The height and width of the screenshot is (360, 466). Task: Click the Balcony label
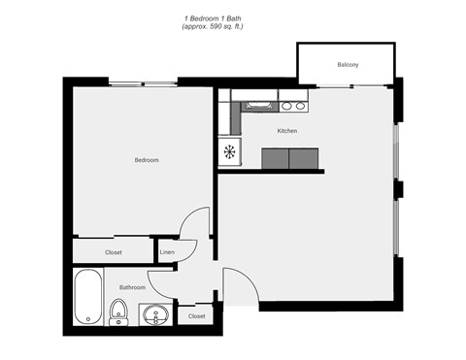(x=348, y=65)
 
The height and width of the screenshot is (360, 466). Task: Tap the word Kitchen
(x=287, y=130)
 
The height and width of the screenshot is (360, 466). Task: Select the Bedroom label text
(x=147, y=159)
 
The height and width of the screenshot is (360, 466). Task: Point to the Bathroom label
(x=133, y=287)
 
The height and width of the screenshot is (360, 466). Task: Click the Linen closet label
(x=167, y=252)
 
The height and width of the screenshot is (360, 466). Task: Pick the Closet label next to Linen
(x=114, y=252)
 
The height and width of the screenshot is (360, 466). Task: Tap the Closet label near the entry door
(x=196, y=315)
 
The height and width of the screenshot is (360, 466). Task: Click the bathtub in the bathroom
(x=88, y=297)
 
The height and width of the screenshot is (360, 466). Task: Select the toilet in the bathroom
(x=118, y=311)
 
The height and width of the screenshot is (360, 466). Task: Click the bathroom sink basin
(x=153, y=314)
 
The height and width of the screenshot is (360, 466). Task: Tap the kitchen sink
(x=257, y=105)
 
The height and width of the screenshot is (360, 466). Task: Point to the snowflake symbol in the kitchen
(x=230, y=152)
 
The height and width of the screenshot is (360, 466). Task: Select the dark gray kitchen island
(x=291, y=158)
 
